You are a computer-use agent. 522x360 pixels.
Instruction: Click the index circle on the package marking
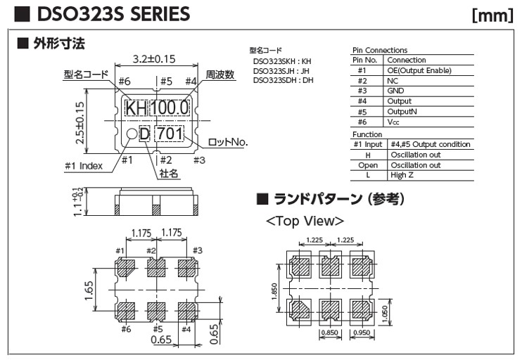point(132,134)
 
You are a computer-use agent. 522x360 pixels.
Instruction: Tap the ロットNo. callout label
point(227,143)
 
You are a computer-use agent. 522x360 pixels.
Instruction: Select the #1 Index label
point(84,166)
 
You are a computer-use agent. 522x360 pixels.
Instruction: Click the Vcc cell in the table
point(394,121)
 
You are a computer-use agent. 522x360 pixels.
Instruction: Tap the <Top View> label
point(305,221)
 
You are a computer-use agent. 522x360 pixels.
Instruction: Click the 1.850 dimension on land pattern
point(277,290)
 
